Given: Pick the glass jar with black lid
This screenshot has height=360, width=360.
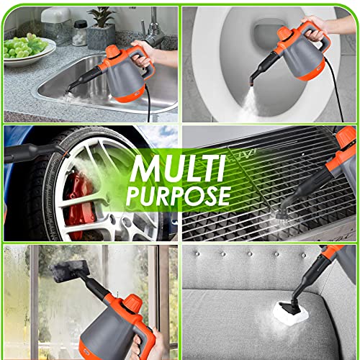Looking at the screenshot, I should [80, 33].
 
